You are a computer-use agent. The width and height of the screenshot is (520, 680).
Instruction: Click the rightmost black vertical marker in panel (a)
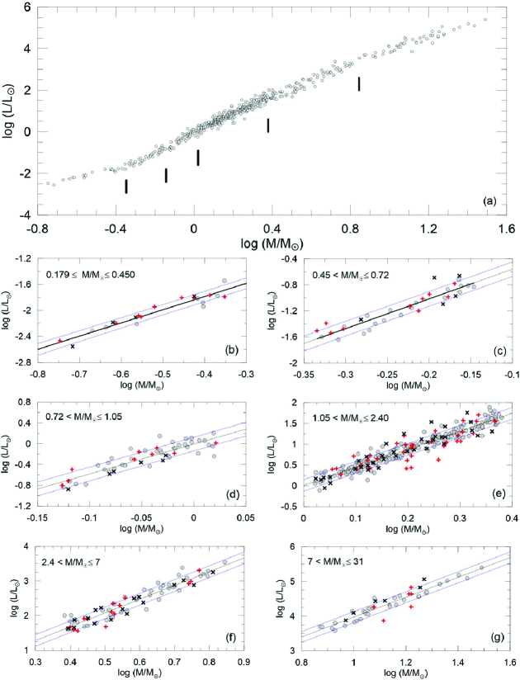point(359,83)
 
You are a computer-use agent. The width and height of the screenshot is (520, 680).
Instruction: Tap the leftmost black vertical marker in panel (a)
point(126,187)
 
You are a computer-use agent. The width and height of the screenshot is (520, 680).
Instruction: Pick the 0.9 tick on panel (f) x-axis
point(245,662)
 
